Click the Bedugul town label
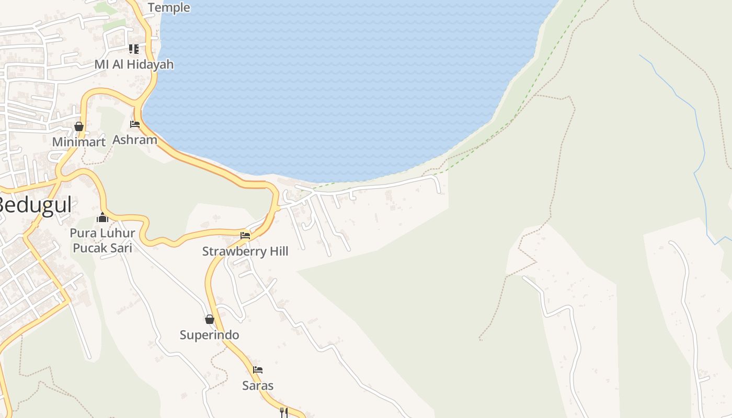[x=35, y=205]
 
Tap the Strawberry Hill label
[x=245, y=251]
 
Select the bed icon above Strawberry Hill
[x=245, y=236]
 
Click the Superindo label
[x=209, y=335]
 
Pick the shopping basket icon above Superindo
[x=210, y=319]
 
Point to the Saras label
[x=258, y=386]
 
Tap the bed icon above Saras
[x=258, y=370]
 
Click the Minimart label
[x=78, y=142]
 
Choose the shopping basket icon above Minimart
[x=79, y=126]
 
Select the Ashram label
[x=135, y=140]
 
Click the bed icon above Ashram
[x=135, y=124]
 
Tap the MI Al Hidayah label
[x=134, y=65]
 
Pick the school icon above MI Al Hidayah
[x=134, y=49]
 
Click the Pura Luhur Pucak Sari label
[x=102, y=240]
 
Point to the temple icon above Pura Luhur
[x=102, y=217]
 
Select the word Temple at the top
[x=169, y=8]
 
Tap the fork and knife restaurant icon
[x=283, y=412]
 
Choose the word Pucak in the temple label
[x=89, y=248]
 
